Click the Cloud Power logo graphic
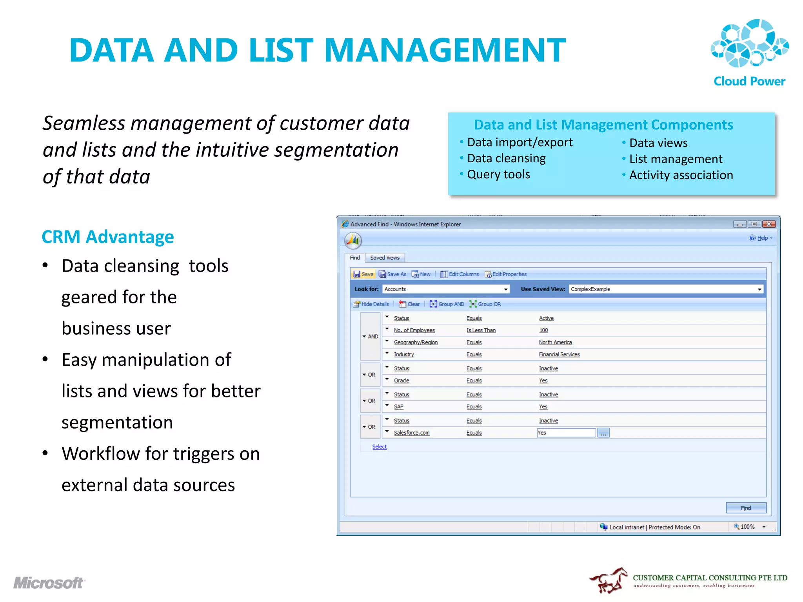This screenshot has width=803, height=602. (x=749, y=43)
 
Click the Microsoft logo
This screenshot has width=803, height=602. (x=49, y=583)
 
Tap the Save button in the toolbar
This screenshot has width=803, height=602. (x=363, y=274)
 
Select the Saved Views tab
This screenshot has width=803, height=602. (x=385, y=258)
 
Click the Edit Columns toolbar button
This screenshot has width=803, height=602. (x=460, y=274)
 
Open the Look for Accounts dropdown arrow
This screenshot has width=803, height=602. (x=506, y=289)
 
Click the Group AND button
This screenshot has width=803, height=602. (x=447, y=304)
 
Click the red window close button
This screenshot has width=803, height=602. (x=768, y=224)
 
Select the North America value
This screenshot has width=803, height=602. (x=555, y=343)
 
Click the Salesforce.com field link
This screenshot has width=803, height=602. (x=412, y=433)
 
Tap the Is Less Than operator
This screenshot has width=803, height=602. (x=481, y=330)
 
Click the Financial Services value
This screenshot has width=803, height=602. (x=559, y=355)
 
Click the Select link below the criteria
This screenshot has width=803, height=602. (x=379, y=447)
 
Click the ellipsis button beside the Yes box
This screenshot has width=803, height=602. (x=603, y=433)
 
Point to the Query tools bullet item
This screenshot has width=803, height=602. (x=498, y=174)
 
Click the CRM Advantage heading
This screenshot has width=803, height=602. (x=108, y=237)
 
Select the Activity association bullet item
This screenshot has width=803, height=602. (x=681, y=175)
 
